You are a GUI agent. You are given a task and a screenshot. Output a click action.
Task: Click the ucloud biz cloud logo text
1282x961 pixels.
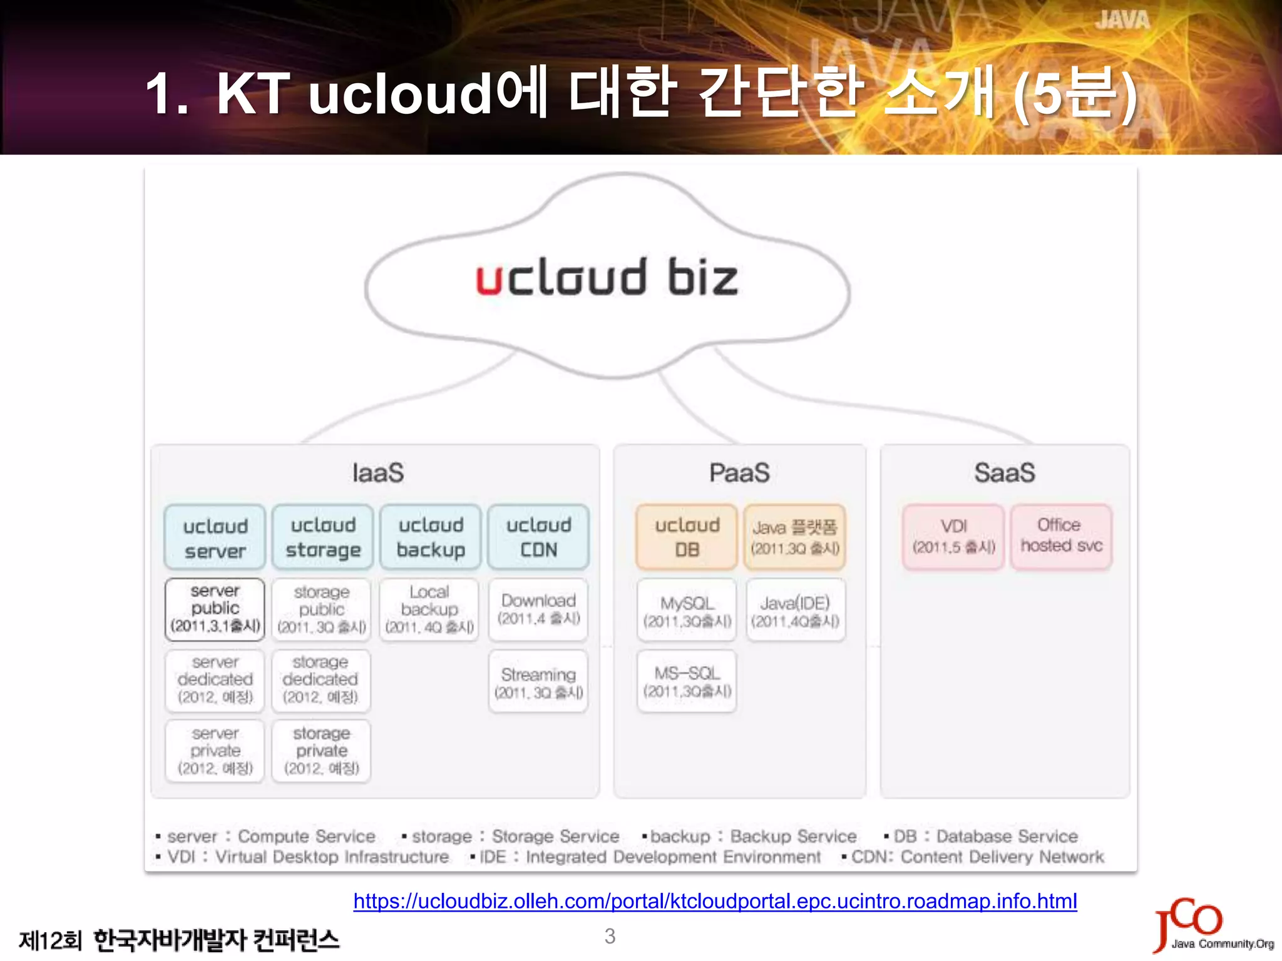(607, 277)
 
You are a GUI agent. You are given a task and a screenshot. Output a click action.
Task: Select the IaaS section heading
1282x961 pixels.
(377, 473)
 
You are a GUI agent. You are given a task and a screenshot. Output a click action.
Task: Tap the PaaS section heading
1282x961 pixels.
(739, 473)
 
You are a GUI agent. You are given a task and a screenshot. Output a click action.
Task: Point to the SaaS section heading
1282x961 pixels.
(1004, 473)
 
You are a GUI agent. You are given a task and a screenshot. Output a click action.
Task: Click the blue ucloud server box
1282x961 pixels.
(215, 537)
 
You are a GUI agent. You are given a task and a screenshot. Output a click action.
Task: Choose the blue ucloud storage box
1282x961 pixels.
(323, 537)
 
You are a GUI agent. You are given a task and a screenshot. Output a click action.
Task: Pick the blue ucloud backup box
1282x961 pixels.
(431, 537)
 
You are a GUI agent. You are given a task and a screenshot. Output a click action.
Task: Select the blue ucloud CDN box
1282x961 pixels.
(538, 537)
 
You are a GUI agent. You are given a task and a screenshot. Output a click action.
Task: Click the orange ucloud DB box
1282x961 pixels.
(687, 537)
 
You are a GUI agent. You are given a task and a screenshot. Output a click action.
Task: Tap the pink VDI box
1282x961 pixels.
(953, 537)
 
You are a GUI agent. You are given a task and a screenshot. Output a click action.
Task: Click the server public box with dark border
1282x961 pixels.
(215, 609)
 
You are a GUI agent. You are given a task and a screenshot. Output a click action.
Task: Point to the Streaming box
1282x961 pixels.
(538, 682)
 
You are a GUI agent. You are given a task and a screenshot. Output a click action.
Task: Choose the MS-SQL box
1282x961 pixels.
(687, 681)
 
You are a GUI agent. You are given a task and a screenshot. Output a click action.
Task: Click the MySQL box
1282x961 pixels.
(687, 610)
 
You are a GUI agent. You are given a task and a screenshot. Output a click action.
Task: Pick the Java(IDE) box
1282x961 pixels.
(795, 610)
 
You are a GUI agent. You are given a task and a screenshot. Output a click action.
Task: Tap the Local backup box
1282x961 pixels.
(429, 609)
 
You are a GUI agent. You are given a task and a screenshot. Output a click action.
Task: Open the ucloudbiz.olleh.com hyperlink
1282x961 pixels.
(715, 901)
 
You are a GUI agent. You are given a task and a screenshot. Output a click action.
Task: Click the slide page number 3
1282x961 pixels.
(610, 936)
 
